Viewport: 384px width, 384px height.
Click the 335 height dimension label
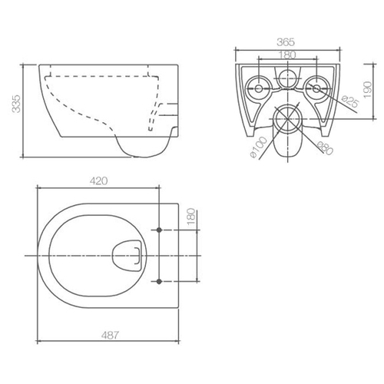[x=16, y=104]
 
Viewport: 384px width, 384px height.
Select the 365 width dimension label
[x=286, y=42]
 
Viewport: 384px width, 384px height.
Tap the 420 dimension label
[x=98, y=181]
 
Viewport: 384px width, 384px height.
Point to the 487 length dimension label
[x=110, y=335]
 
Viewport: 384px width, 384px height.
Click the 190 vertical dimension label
[x=368, y=90]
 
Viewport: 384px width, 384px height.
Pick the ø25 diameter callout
[x=351, y=101]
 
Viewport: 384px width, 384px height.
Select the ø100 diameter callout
[x=259, y=147]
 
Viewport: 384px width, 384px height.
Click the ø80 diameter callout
[x=325, y=148]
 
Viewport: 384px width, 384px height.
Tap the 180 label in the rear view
[x=287, y=55]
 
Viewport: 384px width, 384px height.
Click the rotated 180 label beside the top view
[x=191, y=217]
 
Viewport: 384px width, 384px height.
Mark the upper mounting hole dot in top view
[x=159, y=230]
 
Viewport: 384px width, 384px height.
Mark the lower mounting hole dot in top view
[x=159, y=281]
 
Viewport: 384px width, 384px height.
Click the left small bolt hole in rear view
[x=258, y=88]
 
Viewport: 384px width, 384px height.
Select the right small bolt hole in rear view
[x=316, y=88]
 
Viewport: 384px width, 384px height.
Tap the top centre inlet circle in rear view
[x=287, y=78]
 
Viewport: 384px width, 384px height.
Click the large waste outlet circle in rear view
[x=288, y=118]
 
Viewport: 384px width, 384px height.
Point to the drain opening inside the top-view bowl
[x=127, y=256]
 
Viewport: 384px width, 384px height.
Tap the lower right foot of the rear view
[x=326, y=131]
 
